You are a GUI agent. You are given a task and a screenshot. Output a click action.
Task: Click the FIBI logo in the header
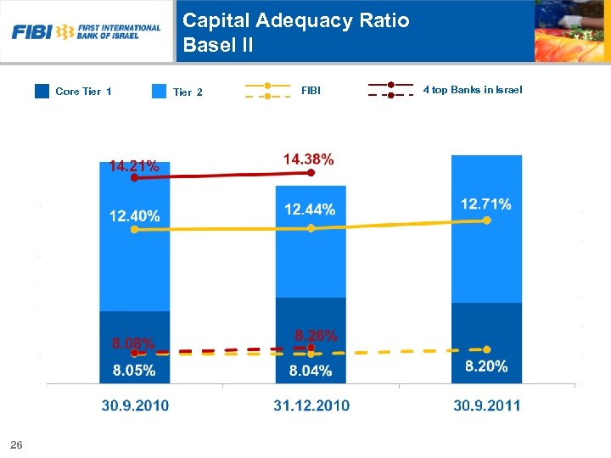coord(86,32)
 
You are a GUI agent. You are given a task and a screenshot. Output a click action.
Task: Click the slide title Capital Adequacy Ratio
coord(296,20)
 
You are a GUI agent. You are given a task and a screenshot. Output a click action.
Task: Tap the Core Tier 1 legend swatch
coord(42,91)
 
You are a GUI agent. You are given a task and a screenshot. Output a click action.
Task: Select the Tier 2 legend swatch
coord(159,92)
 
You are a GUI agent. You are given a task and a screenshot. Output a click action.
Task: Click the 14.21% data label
coord(134,166)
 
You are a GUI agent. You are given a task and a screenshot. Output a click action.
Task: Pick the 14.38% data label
coord(308,159)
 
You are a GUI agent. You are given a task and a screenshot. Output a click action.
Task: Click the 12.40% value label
coord(134,215)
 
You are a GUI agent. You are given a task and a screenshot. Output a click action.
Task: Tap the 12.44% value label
coord(310,209)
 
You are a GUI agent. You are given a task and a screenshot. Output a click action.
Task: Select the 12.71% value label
coord(486,204)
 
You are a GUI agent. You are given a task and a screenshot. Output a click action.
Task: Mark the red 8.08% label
coord(133,344)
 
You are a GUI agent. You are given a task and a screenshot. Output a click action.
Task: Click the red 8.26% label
coord(316,335)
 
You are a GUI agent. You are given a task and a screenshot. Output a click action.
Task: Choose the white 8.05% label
coord(134,370)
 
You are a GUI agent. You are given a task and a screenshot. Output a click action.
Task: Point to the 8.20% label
coord(486,366)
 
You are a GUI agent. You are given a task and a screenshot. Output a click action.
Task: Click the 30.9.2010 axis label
coord(135,405)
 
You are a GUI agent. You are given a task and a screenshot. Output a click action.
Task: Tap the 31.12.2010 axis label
coord(311,405)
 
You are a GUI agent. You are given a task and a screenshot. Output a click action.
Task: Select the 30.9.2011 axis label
coord(486,405)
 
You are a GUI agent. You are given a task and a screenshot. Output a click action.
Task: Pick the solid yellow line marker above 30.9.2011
coord(486,220)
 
